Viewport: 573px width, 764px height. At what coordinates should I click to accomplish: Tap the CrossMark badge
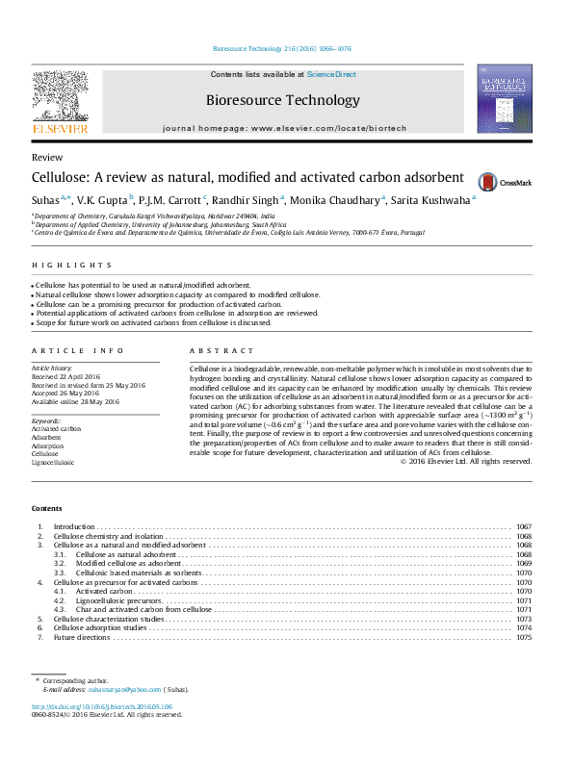[495, 180]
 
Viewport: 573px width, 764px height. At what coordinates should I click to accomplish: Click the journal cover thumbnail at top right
[505, 99]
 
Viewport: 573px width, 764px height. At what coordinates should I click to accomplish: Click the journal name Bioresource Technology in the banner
[283, 100]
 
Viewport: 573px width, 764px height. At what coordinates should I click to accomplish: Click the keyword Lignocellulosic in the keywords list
[53, 462]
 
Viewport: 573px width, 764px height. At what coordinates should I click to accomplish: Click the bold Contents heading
[46, 508]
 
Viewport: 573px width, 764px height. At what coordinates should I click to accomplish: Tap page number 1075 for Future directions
[524, 637]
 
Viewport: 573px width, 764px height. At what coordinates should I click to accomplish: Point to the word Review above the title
[47, 157]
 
